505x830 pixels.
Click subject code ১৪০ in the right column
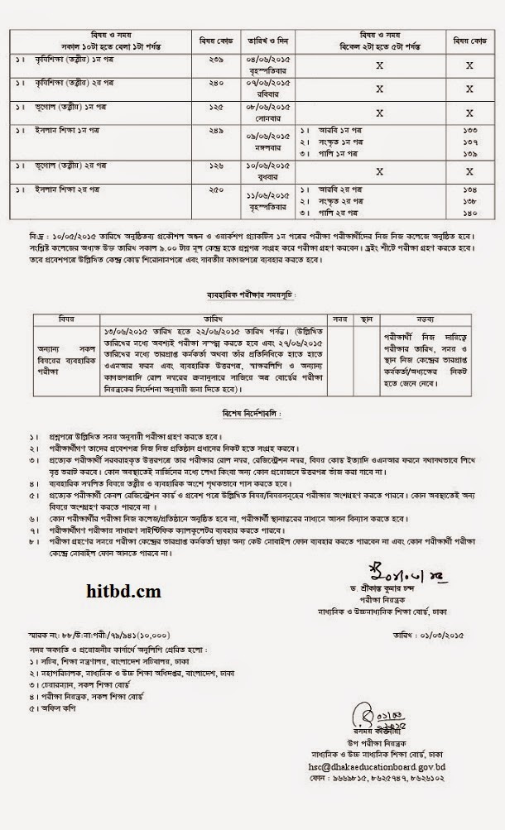pos(469,213)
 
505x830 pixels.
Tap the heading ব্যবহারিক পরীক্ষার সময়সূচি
pos(250,293)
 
